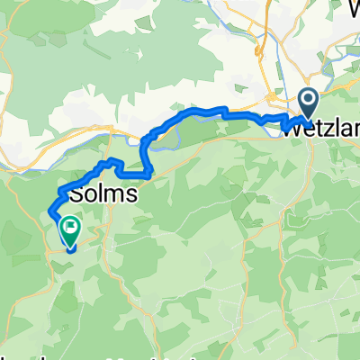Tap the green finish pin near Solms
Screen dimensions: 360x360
tap(69, 232)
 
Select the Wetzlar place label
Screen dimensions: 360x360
tap(321, 129)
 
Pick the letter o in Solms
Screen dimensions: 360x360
tap(92, 195)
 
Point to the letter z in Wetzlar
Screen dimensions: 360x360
tap(324, 130)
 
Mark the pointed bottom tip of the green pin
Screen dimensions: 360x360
tap(69, 247)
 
